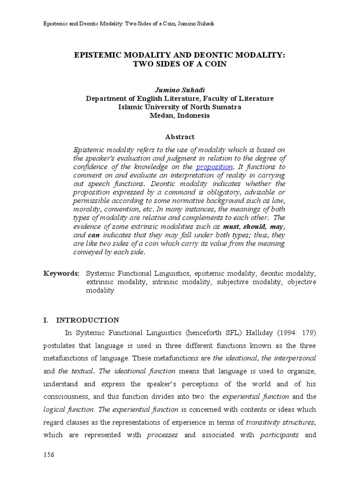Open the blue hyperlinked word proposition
point(214,167)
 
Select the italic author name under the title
point(180,90)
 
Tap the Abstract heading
point(180,137)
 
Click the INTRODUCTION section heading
point(88,320)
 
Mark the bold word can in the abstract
point(94,235)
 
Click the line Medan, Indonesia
point(180,115)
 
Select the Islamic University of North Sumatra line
point(180,107)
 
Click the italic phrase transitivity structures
point(281,422)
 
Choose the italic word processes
point(162,435)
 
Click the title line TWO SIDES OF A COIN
point(180,64)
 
